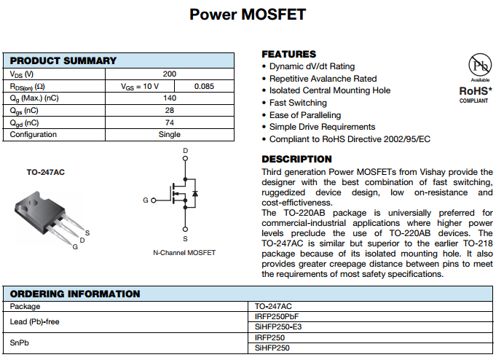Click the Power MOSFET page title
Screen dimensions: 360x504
[x=248, y=15]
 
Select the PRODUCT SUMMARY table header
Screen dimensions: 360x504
[x=63, y=61]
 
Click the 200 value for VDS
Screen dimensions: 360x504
[x=169, y=74]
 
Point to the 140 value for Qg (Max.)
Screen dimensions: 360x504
[x=169, y=98]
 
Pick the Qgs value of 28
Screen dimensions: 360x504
[x=169, y=111]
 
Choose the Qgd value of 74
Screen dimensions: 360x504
[x=169, y=123]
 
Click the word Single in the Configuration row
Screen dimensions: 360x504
[x=169, y=135]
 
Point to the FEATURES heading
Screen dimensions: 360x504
[x=289, y=54]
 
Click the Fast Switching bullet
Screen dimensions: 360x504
[x=298, y=103]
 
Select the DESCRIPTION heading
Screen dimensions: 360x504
[x=296, y=159]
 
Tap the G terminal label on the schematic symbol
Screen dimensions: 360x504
[x=145, y=200]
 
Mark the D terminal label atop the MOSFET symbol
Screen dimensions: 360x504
[x=185, y=151]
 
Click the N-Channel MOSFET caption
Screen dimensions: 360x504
[x=184, y=253]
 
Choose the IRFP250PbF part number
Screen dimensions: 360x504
[x=277, y=317]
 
